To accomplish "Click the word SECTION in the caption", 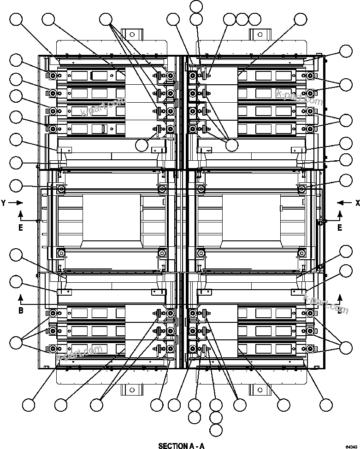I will pos(170,446).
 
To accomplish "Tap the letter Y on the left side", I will pos(3,202).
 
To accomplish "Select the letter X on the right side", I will pos(357,202).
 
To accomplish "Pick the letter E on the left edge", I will pos(21,228).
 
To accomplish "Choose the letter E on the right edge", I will pos(340,228).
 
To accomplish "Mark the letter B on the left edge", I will pos(21,310).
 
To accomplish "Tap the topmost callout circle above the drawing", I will pos(196,6).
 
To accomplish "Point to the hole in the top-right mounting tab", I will pos(259,34).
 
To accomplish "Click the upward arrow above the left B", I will pos(21,296).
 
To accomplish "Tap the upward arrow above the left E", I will pos(21,214).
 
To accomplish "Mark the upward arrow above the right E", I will pos(340,214).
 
